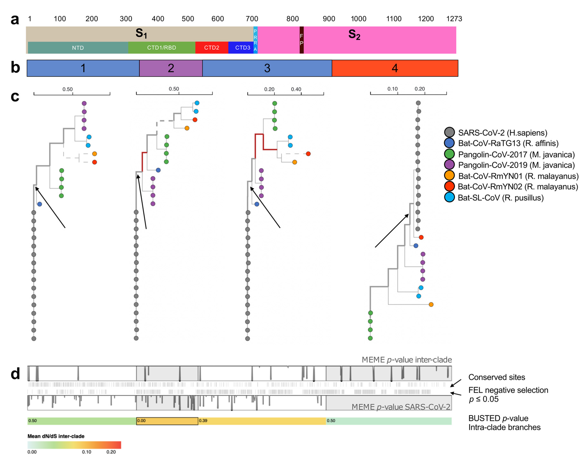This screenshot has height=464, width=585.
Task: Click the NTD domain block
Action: (78, 48)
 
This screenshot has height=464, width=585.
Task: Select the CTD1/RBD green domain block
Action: (162, 48)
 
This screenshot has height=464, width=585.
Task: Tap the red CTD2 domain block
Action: (212, 48)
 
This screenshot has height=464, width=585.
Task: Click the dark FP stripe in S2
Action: (301, 40)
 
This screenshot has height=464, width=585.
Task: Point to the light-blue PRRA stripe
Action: (255, 40)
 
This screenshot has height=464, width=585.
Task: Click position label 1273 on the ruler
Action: (454, 19)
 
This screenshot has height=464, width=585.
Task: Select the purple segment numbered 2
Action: (171, 68)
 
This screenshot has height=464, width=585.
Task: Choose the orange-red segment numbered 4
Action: (395, 68)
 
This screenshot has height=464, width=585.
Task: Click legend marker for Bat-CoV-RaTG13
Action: (449, 143)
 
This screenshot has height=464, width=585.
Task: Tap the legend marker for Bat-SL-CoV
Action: (449, 197)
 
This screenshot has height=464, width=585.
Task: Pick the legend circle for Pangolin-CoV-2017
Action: (449, 154)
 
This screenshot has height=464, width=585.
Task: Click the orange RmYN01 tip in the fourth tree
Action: (431, 304)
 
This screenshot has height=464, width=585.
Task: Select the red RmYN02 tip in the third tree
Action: (308, 154)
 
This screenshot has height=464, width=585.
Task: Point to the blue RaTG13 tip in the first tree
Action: (40, 204)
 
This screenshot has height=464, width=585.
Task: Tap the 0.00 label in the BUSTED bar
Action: (141, 421)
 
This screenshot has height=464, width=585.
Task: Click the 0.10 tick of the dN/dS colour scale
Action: (87, 452)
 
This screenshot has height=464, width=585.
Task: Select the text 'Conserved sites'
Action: (496, 377)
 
